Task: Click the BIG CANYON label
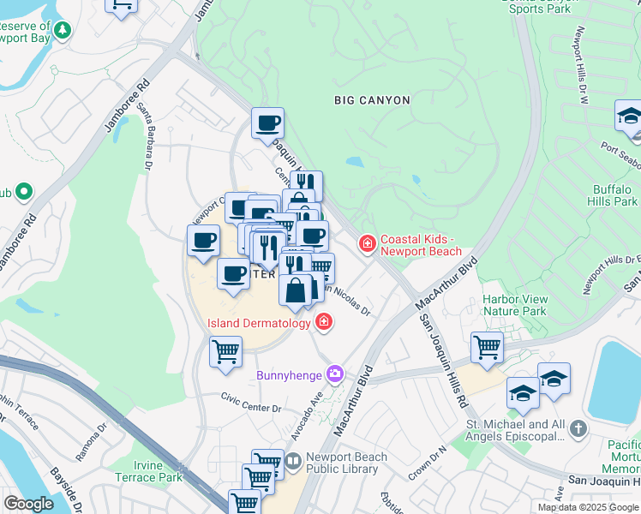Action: (372, 100)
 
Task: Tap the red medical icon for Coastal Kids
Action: (368, 245)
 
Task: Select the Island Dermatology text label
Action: (259, 323)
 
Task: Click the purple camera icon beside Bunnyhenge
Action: (335, 374)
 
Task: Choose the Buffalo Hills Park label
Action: (615, 195)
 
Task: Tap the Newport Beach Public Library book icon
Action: (293, 462)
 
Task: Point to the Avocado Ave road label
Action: (309, 399)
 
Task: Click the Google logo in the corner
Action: (28, 503)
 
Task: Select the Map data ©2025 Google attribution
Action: (588, 507)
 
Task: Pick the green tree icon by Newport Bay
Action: (63, 31)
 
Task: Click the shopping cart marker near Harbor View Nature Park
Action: (487, 348)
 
